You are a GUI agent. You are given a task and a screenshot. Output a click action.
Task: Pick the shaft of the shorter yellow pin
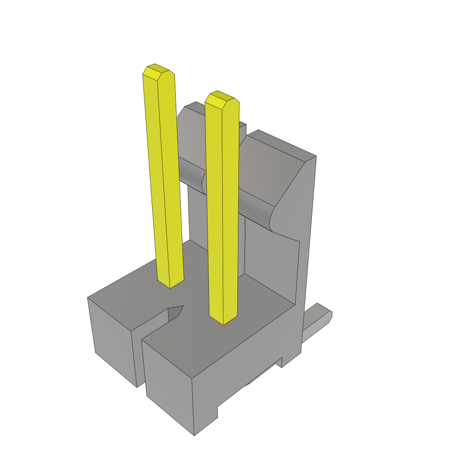(223, 210)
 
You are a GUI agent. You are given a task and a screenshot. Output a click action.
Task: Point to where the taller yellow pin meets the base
(170, 283)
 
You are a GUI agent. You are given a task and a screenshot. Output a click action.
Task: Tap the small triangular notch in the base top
(175, 313)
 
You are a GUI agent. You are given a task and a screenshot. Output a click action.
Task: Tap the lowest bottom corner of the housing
(194, 434)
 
